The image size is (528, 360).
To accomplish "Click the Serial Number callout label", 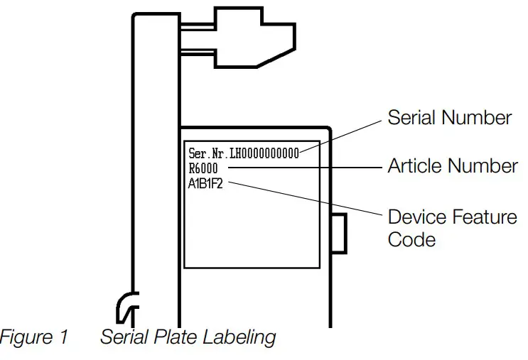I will pos(449,117).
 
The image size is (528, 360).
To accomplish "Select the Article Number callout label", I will pos(452,166).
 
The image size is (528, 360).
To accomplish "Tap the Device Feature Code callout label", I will pos(452,227).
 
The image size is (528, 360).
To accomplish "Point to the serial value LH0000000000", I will pos(264,153).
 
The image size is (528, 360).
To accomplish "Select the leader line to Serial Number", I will pos(341,134).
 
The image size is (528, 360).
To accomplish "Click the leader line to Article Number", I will pos(306,168).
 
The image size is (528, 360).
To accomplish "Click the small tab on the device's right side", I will pos(339,232).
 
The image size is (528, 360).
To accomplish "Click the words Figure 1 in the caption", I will pos(33,337).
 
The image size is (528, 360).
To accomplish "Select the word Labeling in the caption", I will pos(242,337).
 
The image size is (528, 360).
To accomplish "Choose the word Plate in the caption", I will pos(178,337).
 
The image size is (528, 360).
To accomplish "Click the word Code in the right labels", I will pos(411,239).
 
